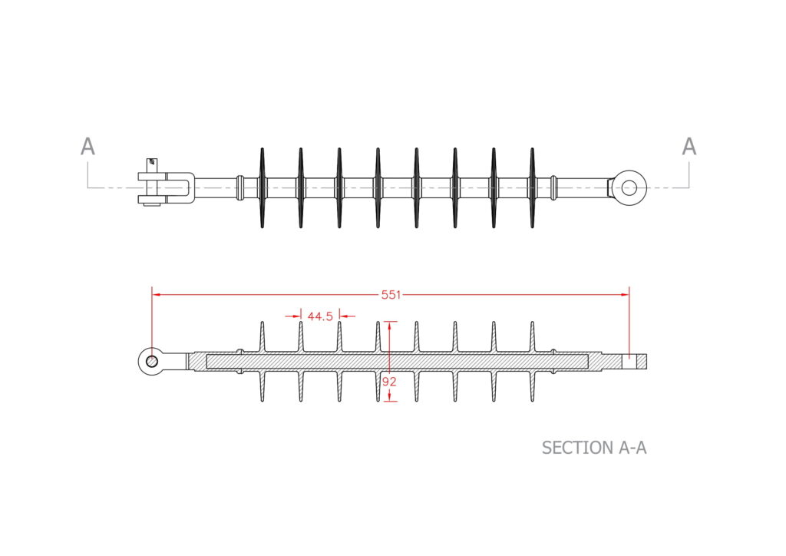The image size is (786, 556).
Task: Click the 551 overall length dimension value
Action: [391, 293]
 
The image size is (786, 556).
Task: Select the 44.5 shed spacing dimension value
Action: [319, 316]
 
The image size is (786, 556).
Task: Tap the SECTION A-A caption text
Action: [593, 448]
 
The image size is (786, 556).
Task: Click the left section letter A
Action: [88, 147]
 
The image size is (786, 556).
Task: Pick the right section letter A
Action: [689, 147]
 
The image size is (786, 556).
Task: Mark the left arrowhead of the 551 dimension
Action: [156, 293]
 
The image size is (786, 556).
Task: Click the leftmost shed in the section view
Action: [262, 361]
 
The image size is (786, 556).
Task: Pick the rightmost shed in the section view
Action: [532, 361]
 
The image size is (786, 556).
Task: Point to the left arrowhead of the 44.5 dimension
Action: [297, 316]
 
